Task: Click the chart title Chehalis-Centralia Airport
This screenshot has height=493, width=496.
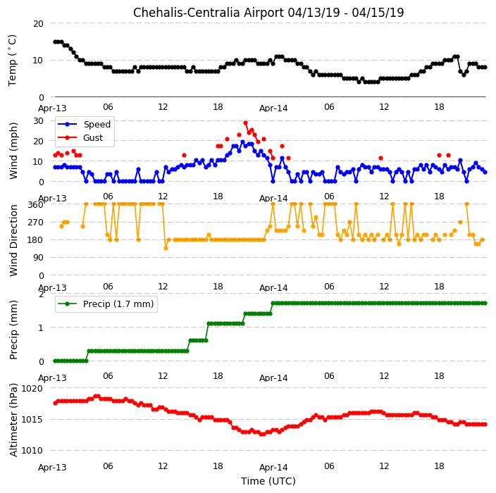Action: click(x=209, y=13)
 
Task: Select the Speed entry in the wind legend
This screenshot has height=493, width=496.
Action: click(x=85, y=124)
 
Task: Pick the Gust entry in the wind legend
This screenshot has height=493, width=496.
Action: click(x=80, y=137)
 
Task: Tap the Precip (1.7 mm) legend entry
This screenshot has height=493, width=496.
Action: click(x=106, y=304)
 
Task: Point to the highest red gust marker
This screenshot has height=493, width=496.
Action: click(x=245, y=123)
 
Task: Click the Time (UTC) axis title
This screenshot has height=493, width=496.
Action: click(x=268, y=481)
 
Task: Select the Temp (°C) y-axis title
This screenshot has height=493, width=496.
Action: click(x=12, y=61)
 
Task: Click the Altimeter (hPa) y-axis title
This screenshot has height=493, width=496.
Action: click(x=13, y=420)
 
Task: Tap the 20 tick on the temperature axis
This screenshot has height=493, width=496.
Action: click(x=38, y=23)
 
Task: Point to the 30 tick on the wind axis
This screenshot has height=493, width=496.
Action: click(x=38, y=121)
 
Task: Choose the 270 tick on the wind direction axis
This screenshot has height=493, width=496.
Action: click(x=35, y=223)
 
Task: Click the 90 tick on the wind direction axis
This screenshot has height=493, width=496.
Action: click(x=38, y=258)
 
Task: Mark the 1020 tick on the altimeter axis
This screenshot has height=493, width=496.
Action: click(x=32, y=388)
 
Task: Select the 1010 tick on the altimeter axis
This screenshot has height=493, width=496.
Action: click(x=32, y=451)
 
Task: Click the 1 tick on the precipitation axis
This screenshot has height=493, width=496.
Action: click(x=41, y=327)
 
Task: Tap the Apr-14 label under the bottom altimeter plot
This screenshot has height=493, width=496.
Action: click(x=273, y=468)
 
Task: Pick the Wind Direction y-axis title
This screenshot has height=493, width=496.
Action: click(x=13, y=240)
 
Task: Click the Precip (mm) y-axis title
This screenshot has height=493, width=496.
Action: click(x=13, y=330)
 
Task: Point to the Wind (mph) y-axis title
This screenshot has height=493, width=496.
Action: click(x=13, y=151)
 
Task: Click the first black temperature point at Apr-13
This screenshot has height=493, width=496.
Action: click(x=56, y=42)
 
